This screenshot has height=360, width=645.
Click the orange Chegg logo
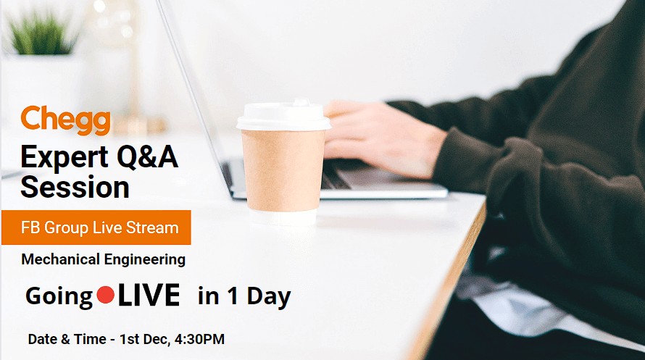[x=65, y=120]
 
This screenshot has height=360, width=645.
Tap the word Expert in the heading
[x=64, y=158]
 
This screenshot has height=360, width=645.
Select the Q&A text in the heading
[x=147, y=157]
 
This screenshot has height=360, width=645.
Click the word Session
[x=75, y=187]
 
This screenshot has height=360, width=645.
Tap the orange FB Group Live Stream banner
[x=96, y=227]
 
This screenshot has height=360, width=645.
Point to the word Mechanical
[x=60, y=259]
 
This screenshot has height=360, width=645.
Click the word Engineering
[x=145, y=260]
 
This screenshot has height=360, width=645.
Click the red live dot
[x=105, y=295]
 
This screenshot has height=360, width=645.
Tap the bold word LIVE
[x=149, y=295]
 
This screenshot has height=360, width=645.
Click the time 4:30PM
[x=199, y=339]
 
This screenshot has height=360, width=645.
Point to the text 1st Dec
[x=144, y=339]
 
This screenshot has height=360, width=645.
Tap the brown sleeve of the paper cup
[x=283, y=170]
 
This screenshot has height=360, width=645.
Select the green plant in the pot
[x=41, y=34]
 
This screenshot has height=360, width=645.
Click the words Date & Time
[x=67, y=339]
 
